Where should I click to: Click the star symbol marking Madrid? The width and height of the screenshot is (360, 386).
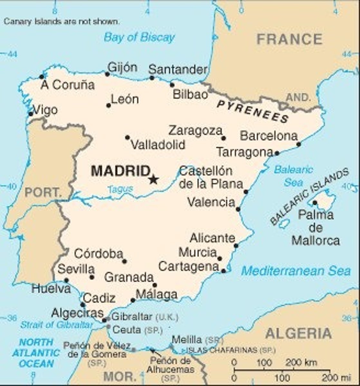point(154,179)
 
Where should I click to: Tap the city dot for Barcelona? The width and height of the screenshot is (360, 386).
point(298,144)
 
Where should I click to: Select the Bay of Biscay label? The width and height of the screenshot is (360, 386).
point(139,37)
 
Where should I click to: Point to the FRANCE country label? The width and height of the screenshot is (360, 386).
point(289,39)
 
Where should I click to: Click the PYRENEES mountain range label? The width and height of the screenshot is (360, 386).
point(253,111)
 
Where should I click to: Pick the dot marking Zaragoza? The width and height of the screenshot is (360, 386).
point(223,138)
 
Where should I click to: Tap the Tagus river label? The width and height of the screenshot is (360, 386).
point(120,189)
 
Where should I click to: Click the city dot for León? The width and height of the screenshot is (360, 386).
point(109,105)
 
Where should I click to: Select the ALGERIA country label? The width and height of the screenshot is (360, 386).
point(298,333)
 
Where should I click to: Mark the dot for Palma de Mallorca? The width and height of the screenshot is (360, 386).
point(315,203)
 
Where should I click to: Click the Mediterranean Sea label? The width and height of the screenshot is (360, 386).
point(296,271)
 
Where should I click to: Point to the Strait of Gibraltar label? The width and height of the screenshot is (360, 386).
point(56,325)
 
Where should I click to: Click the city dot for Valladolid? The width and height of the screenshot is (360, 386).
point(128,137)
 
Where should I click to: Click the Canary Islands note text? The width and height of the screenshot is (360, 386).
point(62,22)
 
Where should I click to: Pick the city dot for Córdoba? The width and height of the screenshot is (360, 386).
point(124,261)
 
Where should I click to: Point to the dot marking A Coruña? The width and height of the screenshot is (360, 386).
point(42,77)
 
